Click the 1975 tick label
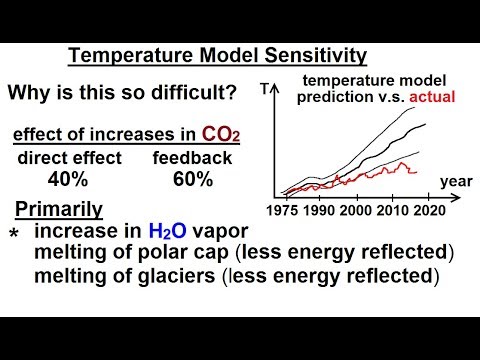[x=290, y=211]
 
